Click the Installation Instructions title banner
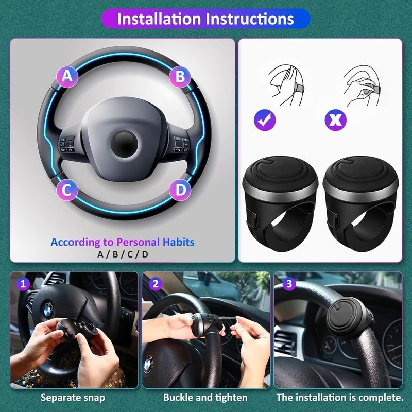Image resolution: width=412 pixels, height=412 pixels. point(205,19)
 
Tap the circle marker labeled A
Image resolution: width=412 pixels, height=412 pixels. point(67,77)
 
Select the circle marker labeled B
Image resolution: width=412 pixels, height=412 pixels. point(180,77)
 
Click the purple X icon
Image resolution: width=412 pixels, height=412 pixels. point(335,120)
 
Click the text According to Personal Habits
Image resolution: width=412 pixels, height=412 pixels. point(123,242)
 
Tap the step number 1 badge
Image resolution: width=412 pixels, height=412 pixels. point(22,283)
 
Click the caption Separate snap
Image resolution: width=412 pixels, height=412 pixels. point(73,398)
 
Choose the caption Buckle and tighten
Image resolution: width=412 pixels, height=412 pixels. point(205,398)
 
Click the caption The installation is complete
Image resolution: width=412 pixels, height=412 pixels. point(340,398)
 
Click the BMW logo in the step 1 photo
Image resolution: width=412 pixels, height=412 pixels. point(48,310)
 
